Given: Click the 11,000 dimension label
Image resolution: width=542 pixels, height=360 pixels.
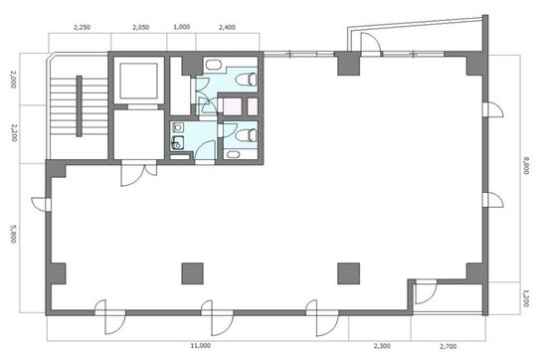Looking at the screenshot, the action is click(201, 345).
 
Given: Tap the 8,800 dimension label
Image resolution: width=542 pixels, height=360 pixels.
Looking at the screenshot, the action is click(526, 166).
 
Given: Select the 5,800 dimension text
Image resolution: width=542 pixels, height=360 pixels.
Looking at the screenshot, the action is click(13, 234).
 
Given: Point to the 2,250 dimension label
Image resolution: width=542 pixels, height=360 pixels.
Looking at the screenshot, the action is click(82, 27).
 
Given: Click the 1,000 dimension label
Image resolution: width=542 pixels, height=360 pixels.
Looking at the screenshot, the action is click(181, 27).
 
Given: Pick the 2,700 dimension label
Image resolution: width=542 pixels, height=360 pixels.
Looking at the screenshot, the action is click(448, 346).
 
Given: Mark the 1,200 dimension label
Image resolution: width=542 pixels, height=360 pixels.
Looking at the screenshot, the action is click(526, 298).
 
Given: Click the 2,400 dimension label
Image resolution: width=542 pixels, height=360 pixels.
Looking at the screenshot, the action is click(227, 27).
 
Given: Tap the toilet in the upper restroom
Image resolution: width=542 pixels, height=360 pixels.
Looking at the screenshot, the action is click(247, 80).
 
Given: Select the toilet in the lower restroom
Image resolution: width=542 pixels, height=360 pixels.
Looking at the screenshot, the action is click(247, 135).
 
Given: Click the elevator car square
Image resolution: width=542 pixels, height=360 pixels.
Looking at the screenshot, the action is click(138, 81).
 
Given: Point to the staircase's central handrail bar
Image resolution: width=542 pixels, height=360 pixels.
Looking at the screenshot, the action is click(80, 106).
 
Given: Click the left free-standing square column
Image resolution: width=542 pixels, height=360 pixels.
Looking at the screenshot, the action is click(193, 273).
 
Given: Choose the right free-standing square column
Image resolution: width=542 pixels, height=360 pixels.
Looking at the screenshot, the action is click(349, 273).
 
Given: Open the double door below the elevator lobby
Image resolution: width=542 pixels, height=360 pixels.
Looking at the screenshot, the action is click(138, 173).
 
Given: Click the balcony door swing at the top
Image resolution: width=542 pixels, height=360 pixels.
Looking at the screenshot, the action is click(371, 43).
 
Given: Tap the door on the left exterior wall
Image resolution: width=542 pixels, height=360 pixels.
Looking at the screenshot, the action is click(41, 204).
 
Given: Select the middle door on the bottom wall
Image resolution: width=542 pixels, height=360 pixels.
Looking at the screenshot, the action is click(217, 317).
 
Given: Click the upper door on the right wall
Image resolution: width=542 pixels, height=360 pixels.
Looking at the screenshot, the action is click(493, 110).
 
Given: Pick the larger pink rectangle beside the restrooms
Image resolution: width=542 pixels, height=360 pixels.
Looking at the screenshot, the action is click(233, 106).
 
